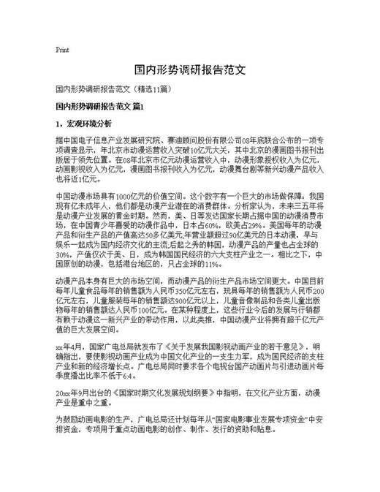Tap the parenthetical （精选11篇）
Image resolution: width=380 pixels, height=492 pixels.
pos(150,89)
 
